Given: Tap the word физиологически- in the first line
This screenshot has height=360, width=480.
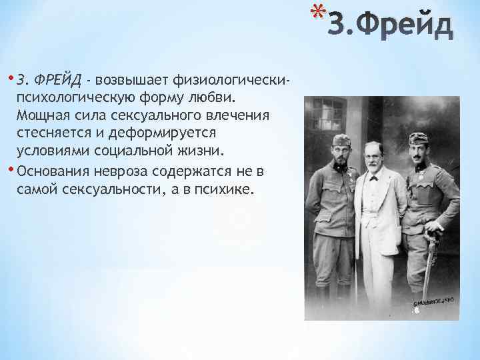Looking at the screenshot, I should coord(229,81).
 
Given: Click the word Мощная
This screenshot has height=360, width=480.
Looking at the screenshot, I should coord(43,115).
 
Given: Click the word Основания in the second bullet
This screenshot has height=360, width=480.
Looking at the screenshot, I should coord(52,171).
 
